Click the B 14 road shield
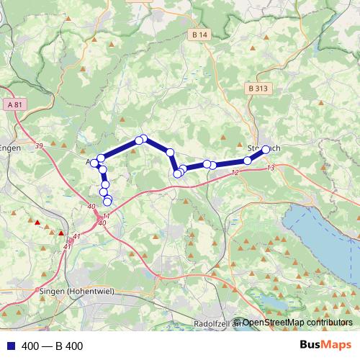[x=200, y=35]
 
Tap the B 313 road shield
[x=258, y=89]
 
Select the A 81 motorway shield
[x=12, y=104]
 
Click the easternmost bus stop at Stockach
[x=266, y=149]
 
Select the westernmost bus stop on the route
[x=94, y=163]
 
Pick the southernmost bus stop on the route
[x=107, y=202]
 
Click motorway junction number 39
[x=38, y=146]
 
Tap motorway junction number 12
[x=234, y=173]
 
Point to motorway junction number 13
[x=270, y=167]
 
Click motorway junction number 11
[x=106, y=216]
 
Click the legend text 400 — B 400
[x=53, y=346]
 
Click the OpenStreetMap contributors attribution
[x=297, y=323]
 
